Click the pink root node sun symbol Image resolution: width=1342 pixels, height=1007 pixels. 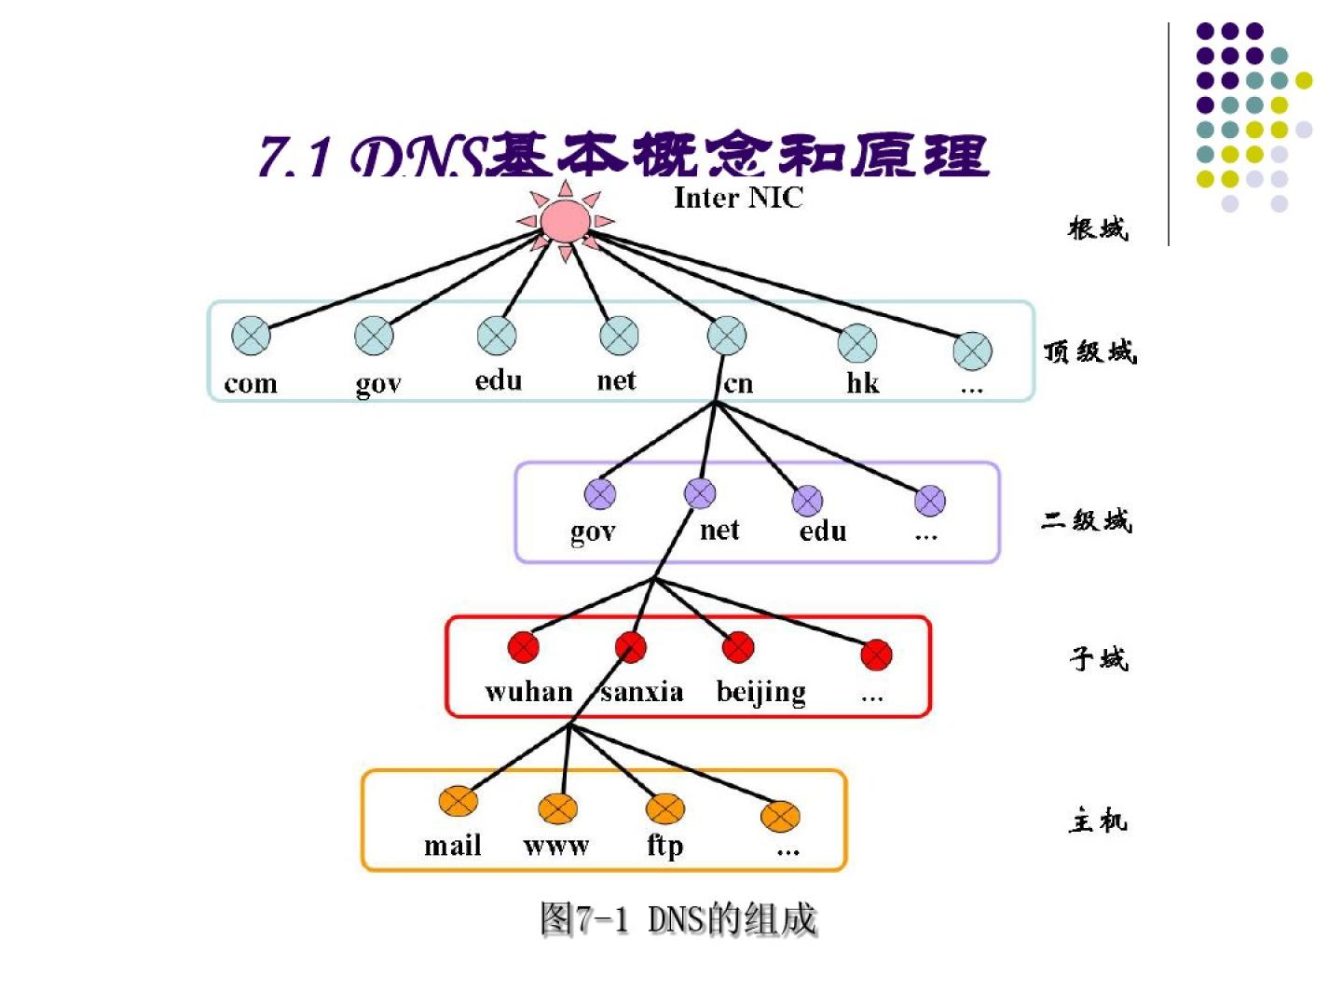pos(565,220)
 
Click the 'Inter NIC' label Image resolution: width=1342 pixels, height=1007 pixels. pos(737,198)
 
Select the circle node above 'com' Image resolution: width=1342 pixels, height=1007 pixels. pos(251,336)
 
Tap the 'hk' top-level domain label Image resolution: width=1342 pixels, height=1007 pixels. pos(862,382)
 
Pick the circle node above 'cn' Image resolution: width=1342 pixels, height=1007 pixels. pos(727,336)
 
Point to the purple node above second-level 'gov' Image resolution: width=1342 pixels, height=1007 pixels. pos(600,494)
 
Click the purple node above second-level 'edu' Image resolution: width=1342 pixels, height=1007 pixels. pos(807,501)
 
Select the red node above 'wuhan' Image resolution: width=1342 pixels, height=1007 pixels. pos(524,646)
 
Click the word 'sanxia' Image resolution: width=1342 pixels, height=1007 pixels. pos(642,691)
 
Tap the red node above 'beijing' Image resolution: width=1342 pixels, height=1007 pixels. pos(738,646)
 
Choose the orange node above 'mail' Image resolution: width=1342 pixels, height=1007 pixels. pos(458,800)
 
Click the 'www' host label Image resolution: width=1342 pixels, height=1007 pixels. pos(556,846)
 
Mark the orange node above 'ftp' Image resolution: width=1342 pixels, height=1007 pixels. pos(665,807)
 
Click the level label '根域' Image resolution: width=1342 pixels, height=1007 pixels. pos(1098,228)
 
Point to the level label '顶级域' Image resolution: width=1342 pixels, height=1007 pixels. pos(1089,352)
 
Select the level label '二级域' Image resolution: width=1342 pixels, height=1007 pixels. pos(1087,520)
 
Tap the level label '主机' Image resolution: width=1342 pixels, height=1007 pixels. pos(1098,821)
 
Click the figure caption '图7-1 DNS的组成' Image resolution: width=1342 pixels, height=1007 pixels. pos(678,919)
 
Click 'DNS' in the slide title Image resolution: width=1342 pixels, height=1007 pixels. pos(418,157)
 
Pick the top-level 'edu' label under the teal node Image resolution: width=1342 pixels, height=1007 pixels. pos(499,380)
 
